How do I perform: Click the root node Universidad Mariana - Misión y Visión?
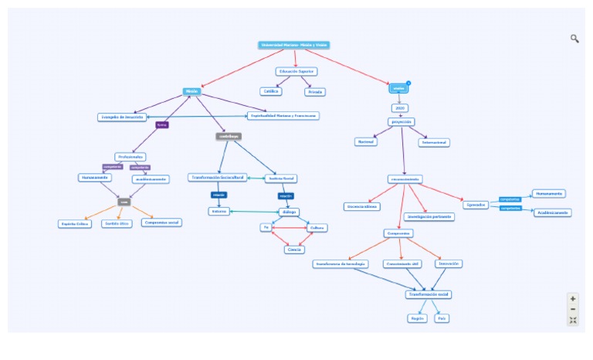click(294, 45)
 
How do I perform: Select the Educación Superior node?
click(297, 71)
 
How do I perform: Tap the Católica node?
click(270, 91)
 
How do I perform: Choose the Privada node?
click(315, 91)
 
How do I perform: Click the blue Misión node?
click(191, 91)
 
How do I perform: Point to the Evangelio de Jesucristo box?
click(122, 117)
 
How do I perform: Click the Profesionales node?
click(130, 156)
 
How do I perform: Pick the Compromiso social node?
click(161, 222)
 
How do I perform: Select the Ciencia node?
click(294, 249)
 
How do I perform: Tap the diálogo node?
click(288, 211)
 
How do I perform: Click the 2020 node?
click(400, 107)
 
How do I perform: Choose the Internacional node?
click(434, 142)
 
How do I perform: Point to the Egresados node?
click(476, 205)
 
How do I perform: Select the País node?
click(442, 318)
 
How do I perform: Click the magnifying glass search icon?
click(574, 39)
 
